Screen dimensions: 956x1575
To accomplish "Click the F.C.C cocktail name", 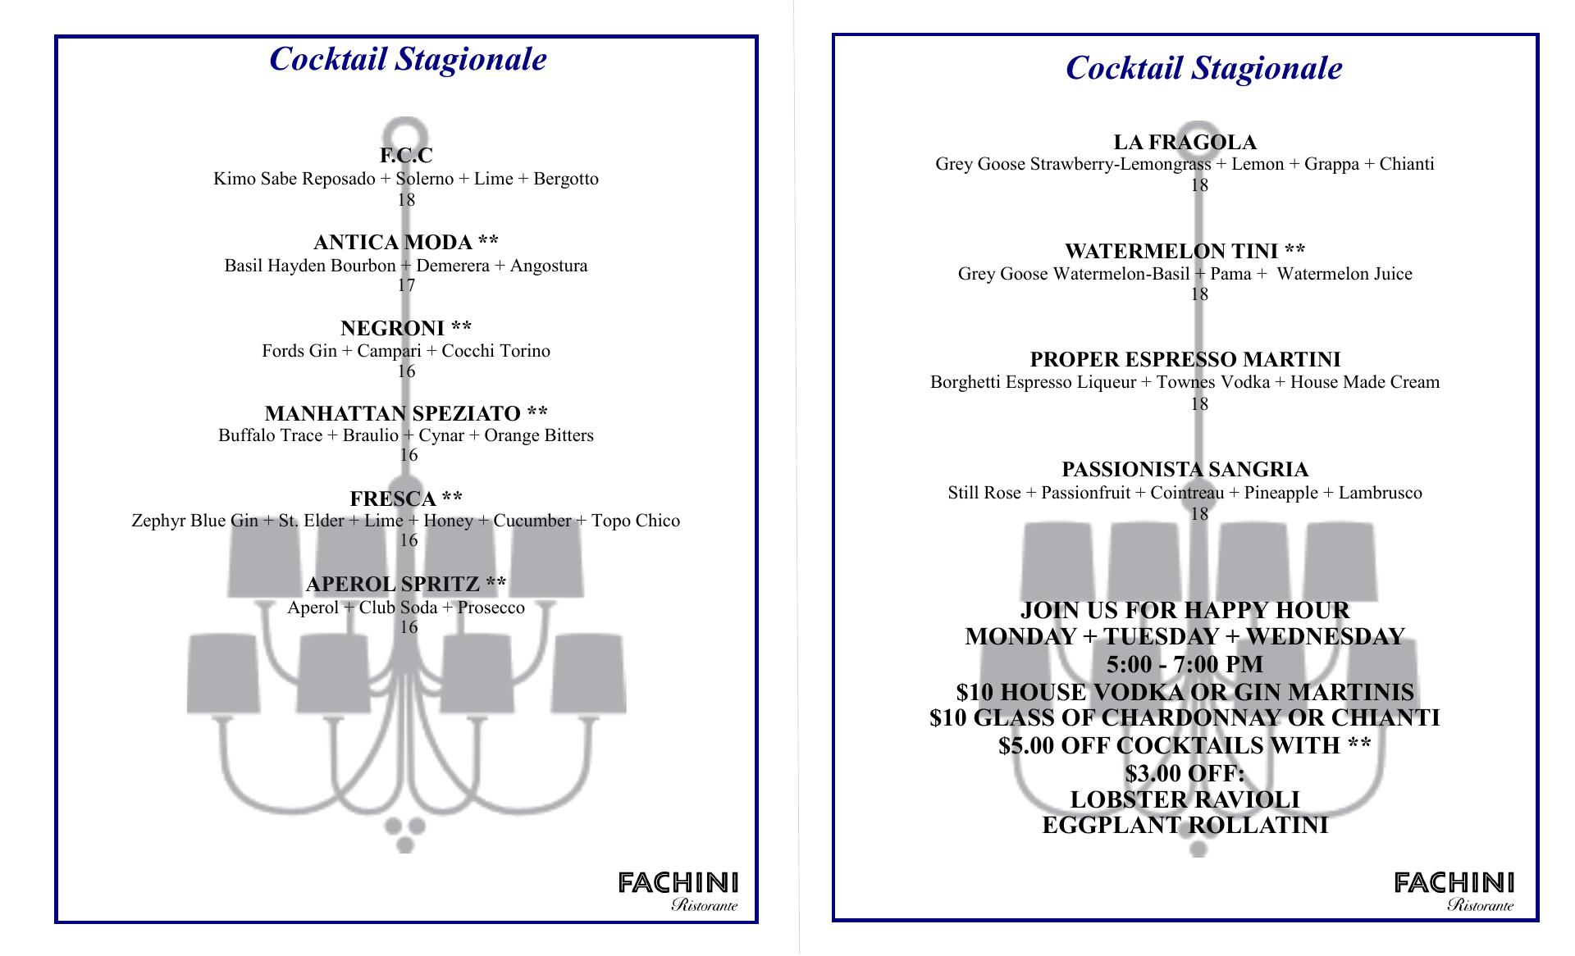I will [x=406, y=156].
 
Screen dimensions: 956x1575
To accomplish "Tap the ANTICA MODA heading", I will [x=406, y=243].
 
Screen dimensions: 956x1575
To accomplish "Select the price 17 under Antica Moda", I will [x=406, y=285].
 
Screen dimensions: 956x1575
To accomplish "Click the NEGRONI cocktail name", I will [x=406, y=329].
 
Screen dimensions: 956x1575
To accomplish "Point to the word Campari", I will [x=389, y=351].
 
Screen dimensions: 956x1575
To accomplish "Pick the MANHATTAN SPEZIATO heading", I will [x=406, y=413].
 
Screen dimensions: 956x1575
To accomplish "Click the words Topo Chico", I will [x=635, y=521].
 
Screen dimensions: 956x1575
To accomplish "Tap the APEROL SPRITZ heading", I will [x=406, y=585].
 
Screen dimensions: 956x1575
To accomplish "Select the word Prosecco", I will [x=491, y=608].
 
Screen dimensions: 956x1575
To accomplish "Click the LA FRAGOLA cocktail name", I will [x=1185, y=143].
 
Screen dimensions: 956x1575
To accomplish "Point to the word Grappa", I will [x=1331, y=164].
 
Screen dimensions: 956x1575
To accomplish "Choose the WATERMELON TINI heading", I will [x=1185, y=251].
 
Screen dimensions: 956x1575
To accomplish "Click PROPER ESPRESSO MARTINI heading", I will [x=1185, y=360].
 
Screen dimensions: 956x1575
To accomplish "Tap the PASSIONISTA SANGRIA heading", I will [x=1185, y=470].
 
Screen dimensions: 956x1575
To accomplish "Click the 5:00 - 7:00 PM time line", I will [x=1185, y=664].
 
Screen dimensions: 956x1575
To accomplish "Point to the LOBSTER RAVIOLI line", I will [x=1185, y=799].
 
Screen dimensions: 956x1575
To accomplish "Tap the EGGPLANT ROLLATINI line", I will [x=1185, y=826].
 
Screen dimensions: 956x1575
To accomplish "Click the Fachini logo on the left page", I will [x=678, y=891].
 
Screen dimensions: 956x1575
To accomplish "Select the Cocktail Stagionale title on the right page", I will [x=1203, y=68].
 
